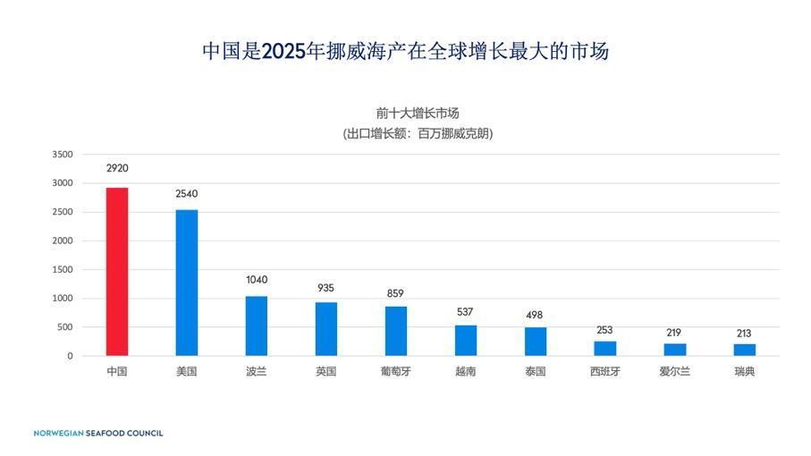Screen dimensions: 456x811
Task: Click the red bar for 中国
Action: pos(117,272)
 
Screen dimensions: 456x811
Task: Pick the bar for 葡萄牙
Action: pos(396,331)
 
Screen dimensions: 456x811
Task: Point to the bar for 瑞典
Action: pos(745,350)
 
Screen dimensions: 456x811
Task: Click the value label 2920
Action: pos(117,168)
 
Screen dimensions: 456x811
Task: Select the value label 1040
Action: pos(257,280)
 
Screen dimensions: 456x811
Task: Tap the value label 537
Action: pos(465,312)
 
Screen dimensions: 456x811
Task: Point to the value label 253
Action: pos(604,330)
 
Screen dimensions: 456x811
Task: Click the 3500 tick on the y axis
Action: pos(63,155)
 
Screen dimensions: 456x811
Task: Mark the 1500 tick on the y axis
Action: pos(63,270)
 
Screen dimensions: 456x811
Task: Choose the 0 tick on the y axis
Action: pos(69,356)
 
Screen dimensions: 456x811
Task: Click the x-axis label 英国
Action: pos(325,372)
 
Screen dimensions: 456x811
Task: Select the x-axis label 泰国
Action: pos(535,372)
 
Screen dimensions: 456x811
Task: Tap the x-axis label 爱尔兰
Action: pos(674,372)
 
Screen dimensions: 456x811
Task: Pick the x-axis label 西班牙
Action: pos(604,372)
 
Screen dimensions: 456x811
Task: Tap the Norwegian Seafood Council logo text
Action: pos(98,434)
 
